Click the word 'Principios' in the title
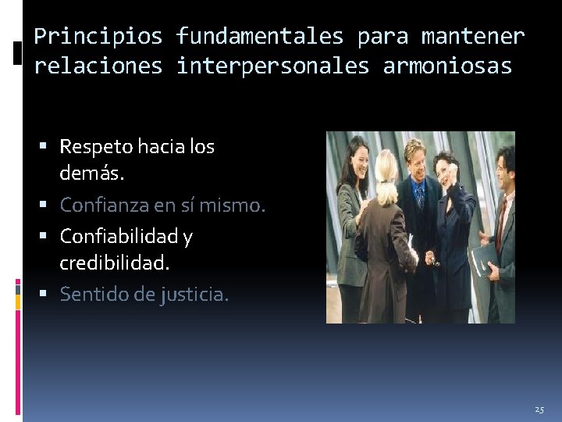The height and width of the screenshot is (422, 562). click(x=98, y=37)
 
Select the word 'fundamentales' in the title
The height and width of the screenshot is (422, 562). click(x=259, y=37)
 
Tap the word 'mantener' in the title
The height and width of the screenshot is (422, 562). click(x=473, y=37)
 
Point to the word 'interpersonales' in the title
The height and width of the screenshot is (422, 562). click(x=272, y=66)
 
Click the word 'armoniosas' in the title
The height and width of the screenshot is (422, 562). click(x=447, y=66)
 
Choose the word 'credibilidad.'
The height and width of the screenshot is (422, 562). click(x=114, y=263)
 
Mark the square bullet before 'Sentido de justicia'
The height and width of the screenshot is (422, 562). click(x=49, y=295)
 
